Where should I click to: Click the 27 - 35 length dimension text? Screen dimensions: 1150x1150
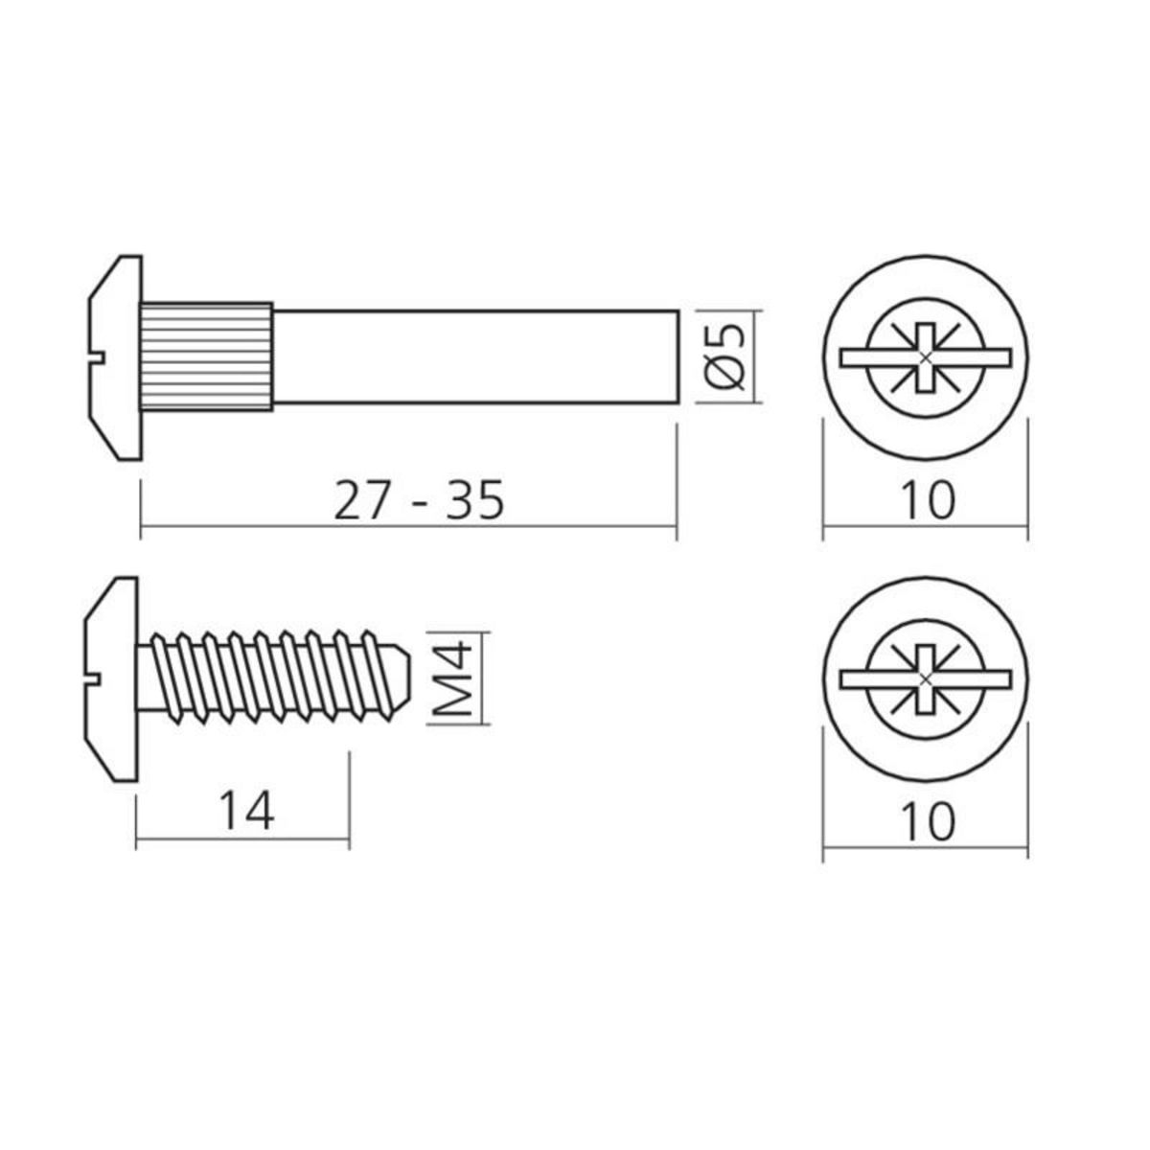(418, 500)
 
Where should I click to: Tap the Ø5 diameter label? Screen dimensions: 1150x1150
(725, 356)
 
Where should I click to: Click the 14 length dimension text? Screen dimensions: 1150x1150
(246, 812)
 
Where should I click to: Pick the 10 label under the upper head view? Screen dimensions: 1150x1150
(927, 500)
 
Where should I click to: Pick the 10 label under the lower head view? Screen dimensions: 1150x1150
(927, 821)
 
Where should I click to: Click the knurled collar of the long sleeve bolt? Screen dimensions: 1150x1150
(207, 356)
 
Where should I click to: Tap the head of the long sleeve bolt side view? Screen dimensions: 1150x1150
(115, 356)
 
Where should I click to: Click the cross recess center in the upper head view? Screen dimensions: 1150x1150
(925, 357)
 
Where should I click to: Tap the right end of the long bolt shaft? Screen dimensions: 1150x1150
(677, 356)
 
